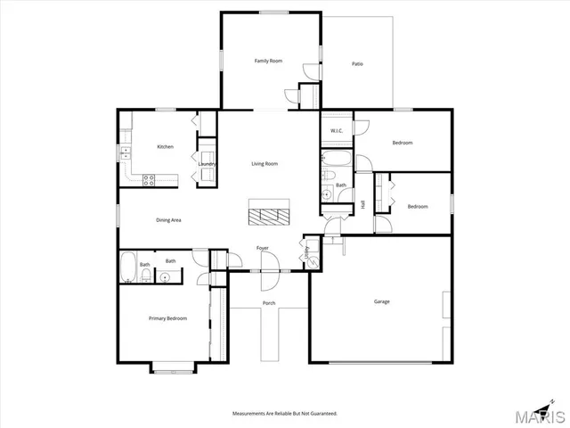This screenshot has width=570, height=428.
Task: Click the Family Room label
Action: point(268,61)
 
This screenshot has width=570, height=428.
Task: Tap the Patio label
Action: point(357,64)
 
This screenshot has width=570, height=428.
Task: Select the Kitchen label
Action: point(165,146)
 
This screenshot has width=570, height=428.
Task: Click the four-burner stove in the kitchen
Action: point(150,179)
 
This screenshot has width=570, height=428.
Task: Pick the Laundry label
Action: point(206,164)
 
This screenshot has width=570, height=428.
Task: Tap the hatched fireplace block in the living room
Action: point(268,215)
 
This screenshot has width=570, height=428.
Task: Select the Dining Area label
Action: point(169,219)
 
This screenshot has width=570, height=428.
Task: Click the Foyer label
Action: point(263,248)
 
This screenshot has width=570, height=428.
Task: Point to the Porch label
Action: point(268,303)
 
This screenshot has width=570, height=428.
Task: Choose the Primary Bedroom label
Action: point(167,317)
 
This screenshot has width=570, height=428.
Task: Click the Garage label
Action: point(381,301)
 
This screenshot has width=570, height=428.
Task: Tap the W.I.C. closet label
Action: point(337,131)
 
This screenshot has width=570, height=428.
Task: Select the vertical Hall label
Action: point(363,205)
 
